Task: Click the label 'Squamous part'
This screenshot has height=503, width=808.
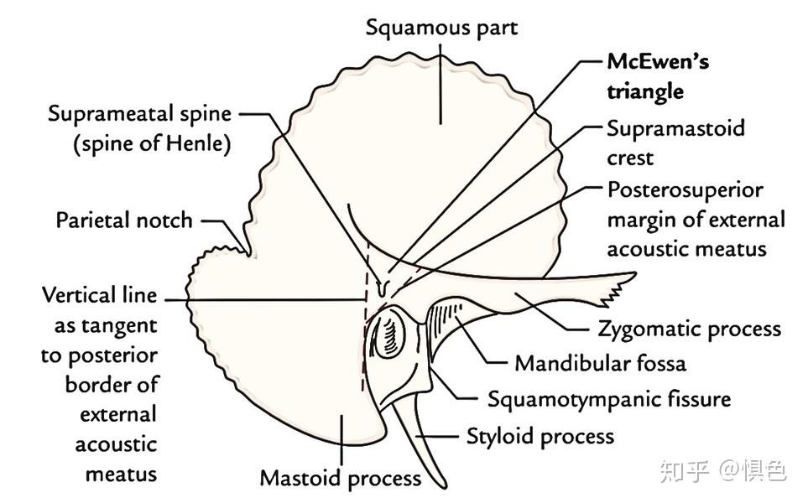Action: pos(441,28)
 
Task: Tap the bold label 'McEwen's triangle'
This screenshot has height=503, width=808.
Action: pos(658,76)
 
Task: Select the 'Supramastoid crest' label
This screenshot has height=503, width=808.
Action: pos(675,143)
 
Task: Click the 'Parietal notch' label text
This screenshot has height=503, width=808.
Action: pos(124,220)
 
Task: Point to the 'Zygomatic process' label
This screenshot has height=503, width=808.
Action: pos(688,329)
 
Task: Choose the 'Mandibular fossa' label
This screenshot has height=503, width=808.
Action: pos(600,363)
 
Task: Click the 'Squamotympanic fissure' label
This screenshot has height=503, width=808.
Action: pos(608,398)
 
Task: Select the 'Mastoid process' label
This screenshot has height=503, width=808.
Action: pos(340,478)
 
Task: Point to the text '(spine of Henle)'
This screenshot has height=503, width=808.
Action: pos(151,143)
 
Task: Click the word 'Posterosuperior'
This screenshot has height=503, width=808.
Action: pos(685,190)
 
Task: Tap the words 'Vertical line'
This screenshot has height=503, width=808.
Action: pos(99,296)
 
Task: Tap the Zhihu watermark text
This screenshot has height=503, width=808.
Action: pos(722,470)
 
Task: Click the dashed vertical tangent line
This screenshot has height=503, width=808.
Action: pos(363,335)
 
